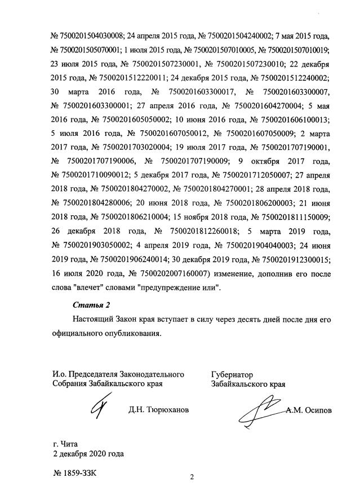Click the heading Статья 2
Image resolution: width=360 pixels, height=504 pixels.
(x=91, y=306)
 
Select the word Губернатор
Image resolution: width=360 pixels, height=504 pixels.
(x=233, y=374)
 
